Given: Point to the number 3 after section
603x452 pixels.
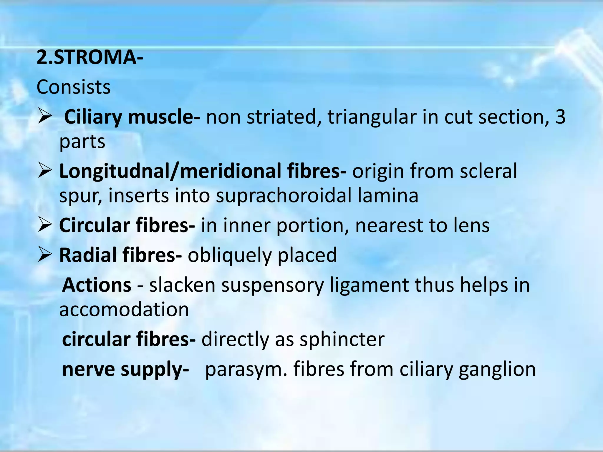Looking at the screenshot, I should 560,117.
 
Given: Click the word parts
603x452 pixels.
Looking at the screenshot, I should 82,142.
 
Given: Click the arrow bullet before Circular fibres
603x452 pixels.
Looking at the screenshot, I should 45,226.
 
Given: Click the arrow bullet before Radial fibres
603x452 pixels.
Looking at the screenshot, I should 45,255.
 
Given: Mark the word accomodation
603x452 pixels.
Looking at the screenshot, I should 124,310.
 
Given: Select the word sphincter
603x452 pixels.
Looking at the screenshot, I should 342,340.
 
